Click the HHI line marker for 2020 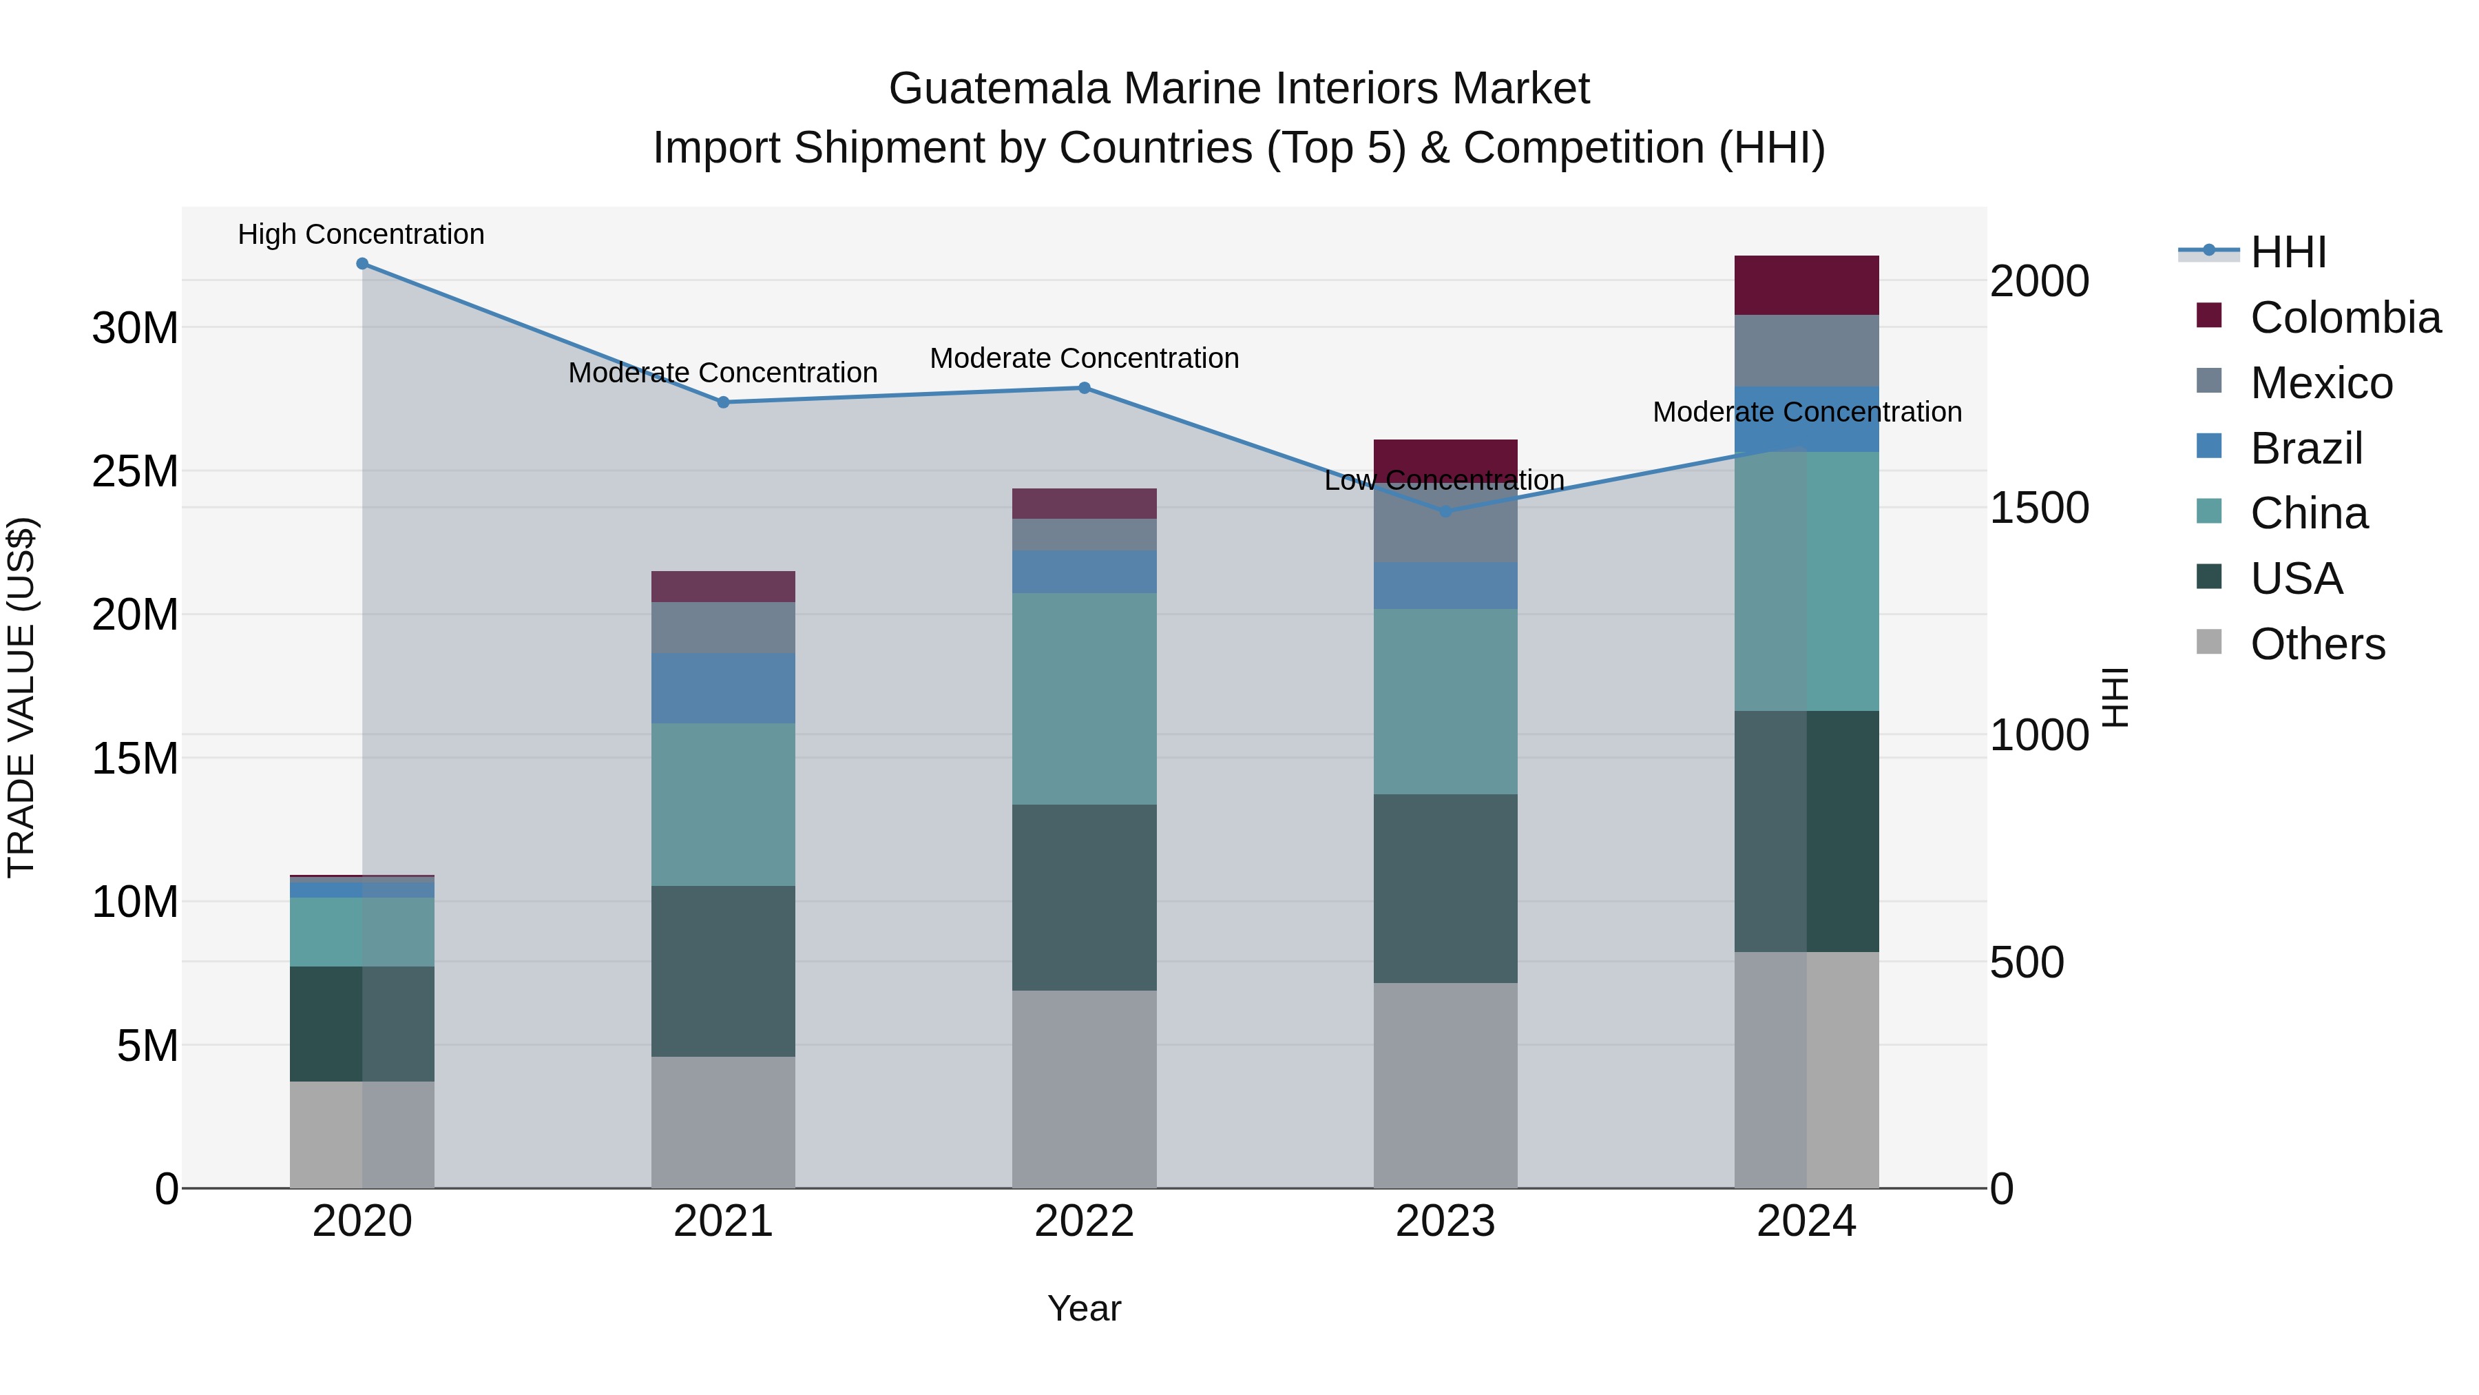coord(362,264)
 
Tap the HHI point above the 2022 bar coord(1084,388)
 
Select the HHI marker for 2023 coord(1445,511)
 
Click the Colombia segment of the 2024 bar coord(1806,285)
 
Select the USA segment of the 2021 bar coord(723,971)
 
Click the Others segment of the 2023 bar coord(1445,1085)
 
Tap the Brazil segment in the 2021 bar coord(723,688)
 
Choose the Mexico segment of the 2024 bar coord(1806,351)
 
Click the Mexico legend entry coord(2320,383)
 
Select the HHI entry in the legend coord(2288,252)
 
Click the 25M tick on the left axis coord(135,472)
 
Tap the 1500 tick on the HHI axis coord(2038,508)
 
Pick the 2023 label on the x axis coord(1445,1221)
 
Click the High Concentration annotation coord(361,234)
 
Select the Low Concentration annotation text coord(1443,479)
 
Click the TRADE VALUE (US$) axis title coord(21,697)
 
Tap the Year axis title coord(1084,1308)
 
